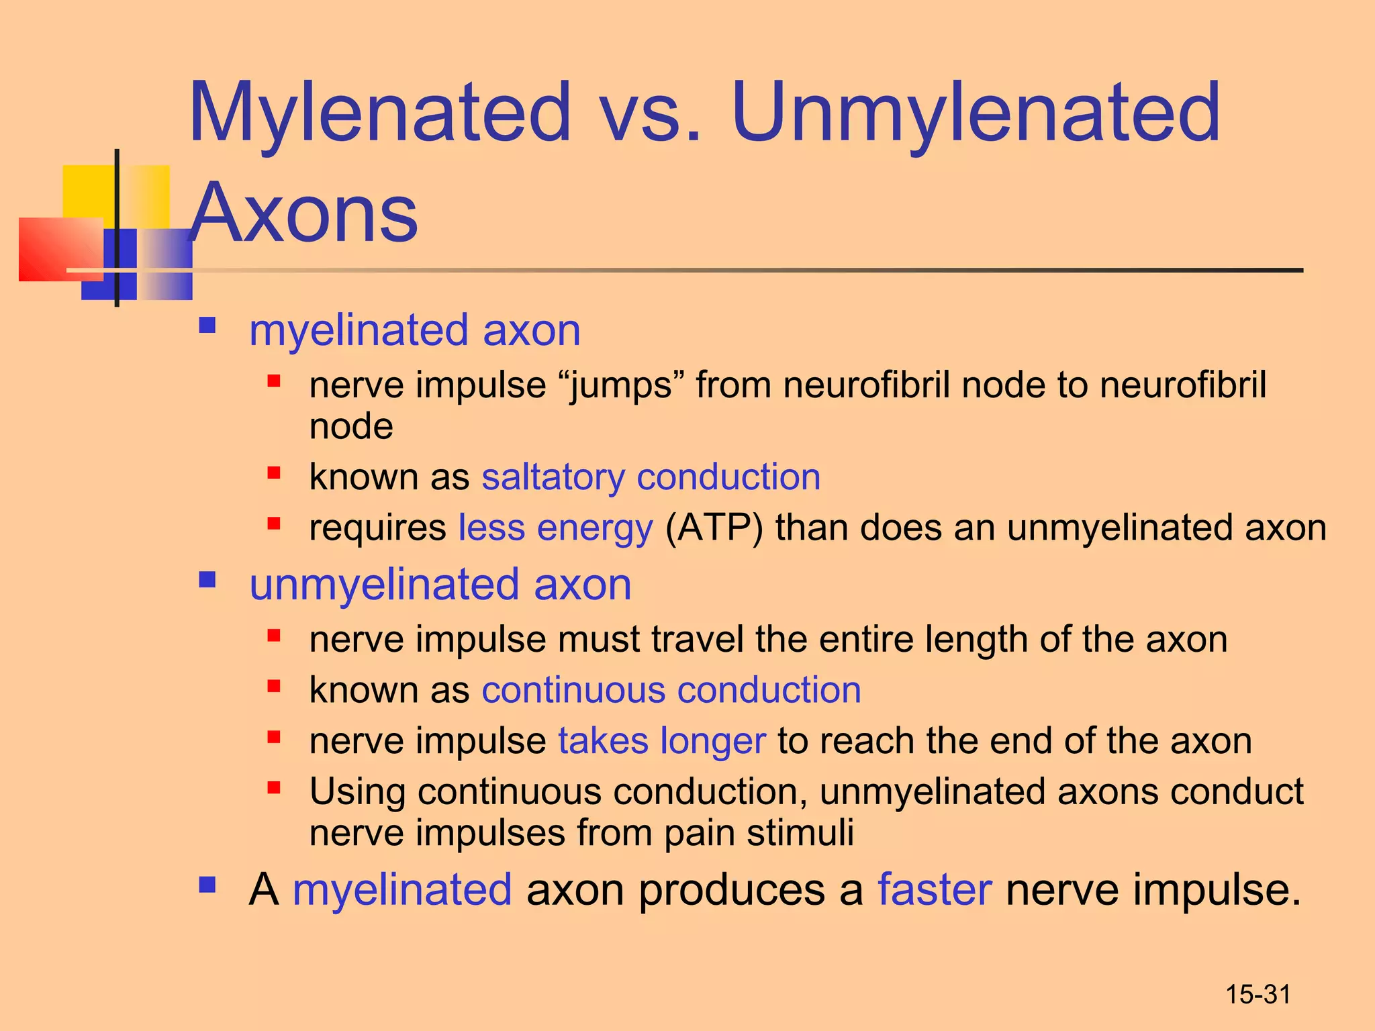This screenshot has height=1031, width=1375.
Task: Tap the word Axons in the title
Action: pyautogui.click(x=303, y=213)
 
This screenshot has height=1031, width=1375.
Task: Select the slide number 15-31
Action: pyautogui.click(x=1258, y=995)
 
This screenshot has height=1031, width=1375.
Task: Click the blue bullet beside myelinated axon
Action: pyautogui.click(x=207, y=327)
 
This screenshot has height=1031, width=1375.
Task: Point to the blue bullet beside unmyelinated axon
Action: pyautogui.click(x=207, y=580)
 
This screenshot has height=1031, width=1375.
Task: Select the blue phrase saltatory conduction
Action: pyautogui.click(x=651, y=477)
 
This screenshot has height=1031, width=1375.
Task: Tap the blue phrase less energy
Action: pyautogui.click(x=555, y=528)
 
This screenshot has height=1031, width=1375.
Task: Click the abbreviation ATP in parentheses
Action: pyautogui.click(x=714, y=528)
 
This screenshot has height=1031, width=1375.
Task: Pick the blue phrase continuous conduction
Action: pyautogui.click(x=671, y=691)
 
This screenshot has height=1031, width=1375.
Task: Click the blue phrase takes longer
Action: pyautogui.click(x=661, y=741)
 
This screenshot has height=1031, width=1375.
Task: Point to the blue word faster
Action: pyautogui.click(x=934, y=890)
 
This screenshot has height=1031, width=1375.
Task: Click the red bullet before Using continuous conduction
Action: pyautogui.click(x=273, y=788)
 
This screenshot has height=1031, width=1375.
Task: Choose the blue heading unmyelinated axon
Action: pyautogui.click(x=440, y=585)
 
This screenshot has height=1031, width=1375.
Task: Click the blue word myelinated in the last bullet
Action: pyautogui.click(x=402, y=890)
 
